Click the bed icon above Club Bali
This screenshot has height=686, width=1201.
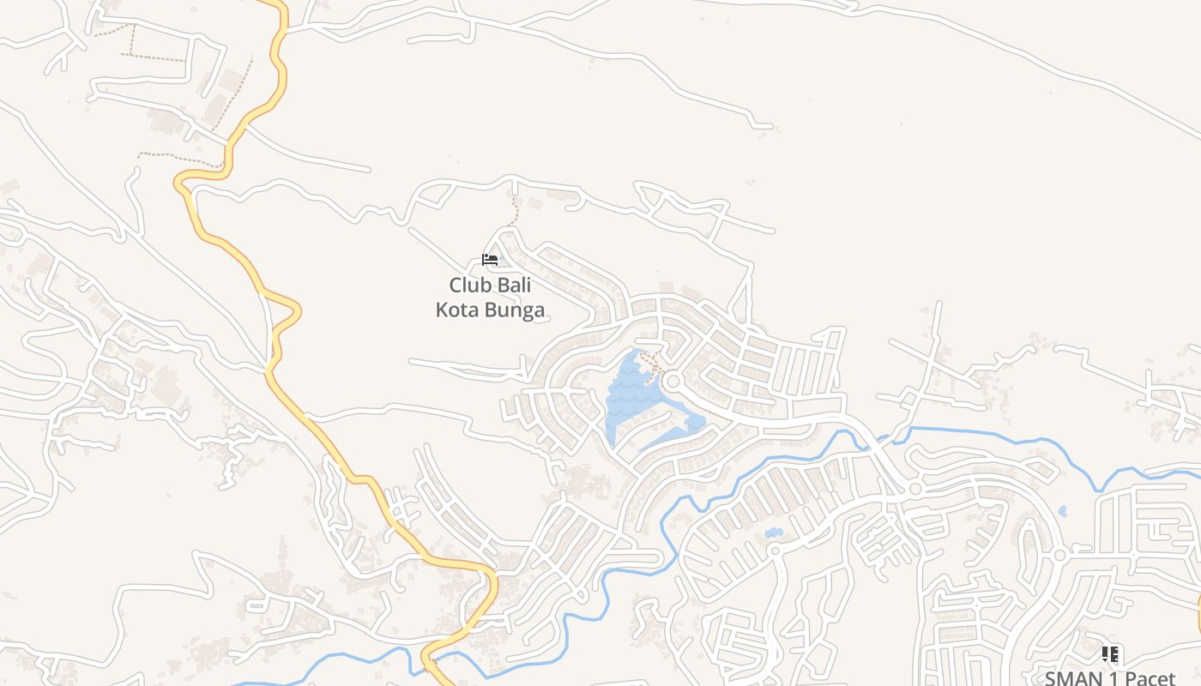pos(490,260)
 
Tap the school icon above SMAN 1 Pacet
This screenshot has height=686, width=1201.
pos(1109,655)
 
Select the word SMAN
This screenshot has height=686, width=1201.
pos(1071,678)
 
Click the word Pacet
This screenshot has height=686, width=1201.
pos(1150,678)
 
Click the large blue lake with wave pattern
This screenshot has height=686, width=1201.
pos(631,399)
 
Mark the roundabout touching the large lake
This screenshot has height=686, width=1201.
pos(672,381)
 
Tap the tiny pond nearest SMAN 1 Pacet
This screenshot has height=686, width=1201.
pos(1062,511)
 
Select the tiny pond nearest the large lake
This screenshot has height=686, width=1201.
pos(774,533)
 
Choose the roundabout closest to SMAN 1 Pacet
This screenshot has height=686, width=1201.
pos(1059,555)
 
